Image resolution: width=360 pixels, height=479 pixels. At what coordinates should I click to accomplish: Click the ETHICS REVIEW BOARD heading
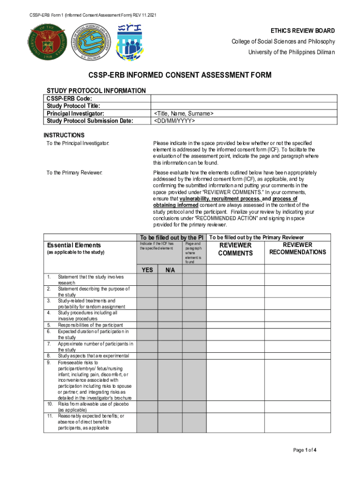304,31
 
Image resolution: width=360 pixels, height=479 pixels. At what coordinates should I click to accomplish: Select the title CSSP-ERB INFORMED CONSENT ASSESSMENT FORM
180,75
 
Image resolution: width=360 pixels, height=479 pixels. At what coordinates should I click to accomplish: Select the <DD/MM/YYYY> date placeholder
173,121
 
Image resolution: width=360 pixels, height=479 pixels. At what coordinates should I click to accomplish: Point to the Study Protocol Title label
73,106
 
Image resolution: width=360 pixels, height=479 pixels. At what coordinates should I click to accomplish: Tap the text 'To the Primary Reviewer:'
74,173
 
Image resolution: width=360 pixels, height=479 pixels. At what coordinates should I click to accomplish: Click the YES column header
147,269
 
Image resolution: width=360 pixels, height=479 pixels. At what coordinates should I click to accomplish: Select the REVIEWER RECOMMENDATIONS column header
297,248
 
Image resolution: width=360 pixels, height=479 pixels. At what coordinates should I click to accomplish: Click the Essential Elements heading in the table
73,245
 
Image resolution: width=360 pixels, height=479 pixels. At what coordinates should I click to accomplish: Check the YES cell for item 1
147,280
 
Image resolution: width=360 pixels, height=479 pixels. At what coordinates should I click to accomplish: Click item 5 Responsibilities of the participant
90,325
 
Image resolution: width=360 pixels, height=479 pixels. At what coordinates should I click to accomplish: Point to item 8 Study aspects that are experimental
93,356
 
